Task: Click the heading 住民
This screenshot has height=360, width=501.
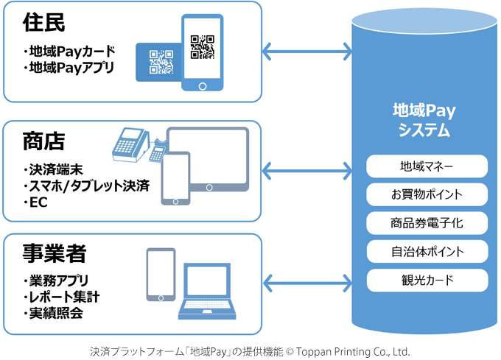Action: click(43, 22)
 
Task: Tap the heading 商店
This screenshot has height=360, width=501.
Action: click(43, 141)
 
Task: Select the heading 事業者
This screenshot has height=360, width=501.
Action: click(55, 253)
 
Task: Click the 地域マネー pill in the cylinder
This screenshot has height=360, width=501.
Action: click(427, 166)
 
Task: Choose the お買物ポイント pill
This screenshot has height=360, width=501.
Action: click(427, 194)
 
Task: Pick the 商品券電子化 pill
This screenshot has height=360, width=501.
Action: click(427, 223)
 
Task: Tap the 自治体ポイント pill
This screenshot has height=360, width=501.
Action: click(427, 252)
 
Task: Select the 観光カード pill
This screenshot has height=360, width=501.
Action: click(427, 280)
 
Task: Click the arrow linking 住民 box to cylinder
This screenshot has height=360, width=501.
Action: click(307, 52)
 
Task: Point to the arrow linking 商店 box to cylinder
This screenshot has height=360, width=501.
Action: click(307, 171)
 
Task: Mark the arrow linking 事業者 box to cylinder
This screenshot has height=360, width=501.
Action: click(307, 283)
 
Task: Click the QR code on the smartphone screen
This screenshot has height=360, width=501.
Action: click(203, 47)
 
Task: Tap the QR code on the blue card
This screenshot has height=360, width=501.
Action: click(161, 62)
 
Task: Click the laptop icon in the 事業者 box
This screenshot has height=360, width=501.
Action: click(207, 291)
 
